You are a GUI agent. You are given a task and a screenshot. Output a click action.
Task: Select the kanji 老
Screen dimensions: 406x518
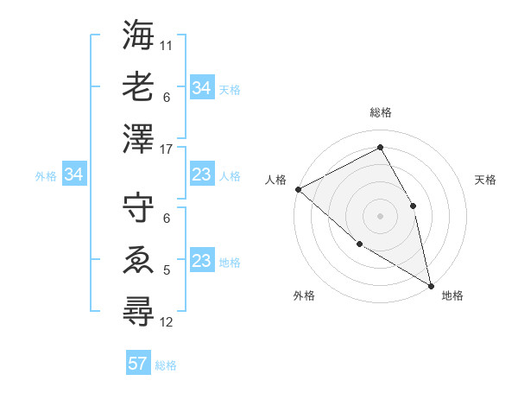(139, 87)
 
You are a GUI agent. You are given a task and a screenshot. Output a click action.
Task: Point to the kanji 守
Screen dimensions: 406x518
(139, 208)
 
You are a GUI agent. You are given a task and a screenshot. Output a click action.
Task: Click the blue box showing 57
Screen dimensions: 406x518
(138, 364)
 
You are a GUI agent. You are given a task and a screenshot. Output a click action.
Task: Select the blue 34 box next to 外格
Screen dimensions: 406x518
(73, 175)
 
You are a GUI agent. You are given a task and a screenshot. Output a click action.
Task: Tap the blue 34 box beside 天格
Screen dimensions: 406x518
(201, 88)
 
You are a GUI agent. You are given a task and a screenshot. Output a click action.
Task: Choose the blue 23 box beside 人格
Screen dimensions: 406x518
(201, 175)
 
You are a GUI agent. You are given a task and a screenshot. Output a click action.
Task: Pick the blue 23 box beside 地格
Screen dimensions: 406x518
(201, 261)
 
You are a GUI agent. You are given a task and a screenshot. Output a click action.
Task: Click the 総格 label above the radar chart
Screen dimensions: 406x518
(380, 112)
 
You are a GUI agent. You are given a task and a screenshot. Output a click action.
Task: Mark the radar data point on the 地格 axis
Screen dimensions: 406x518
(430, 284)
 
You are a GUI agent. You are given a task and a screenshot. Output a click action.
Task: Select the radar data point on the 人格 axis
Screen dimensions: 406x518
(298, 189)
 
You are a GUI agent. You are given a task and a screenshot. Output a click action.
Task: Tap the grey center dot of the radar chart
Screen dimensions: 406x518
(380, 216)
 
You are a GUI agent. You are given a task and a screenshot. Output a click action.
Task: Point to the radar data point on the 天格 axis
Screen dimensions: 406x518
(413, 206)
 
